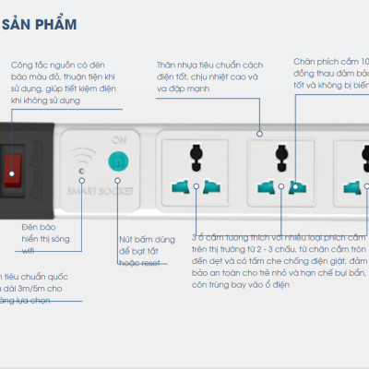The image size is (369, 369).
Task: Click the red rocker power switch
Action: tap(13, 167)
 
